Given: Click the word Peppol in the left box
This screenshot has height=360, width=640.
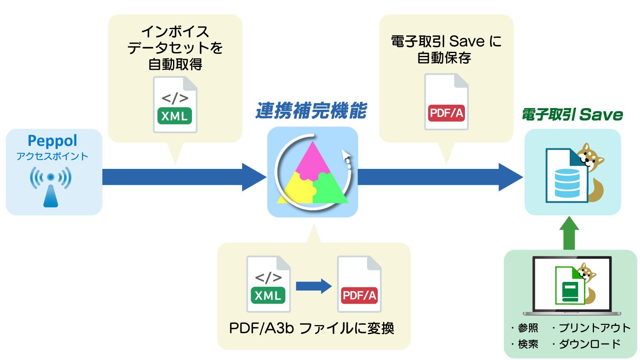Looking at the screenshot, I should [x=52, y=141].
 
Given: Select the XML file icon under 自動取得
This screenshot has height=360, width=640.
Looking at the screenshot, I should [x=175, y=105].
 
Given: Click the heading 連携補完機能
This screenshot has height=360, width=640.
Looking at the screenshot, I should [x=311, y=111].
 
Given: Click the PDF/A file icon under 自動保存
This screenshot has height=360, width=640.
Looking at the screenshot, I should [x=446, y=102].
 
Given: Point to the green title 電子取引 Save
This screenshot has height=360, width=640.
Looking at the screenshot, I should [x=572, y=115].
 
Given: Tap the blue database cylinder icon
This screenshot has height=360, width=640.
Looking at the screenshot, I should [x=567, y=183].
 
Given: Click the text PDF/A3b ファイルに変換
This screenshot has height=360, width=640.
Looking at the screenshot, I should [x=312, y=328].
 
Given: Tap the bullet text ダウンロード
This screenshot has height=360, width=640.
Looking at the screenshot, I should [x=589, y=344].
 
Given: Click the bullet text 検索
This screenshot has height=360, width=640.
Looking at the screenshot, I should [x=528, y=344].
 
